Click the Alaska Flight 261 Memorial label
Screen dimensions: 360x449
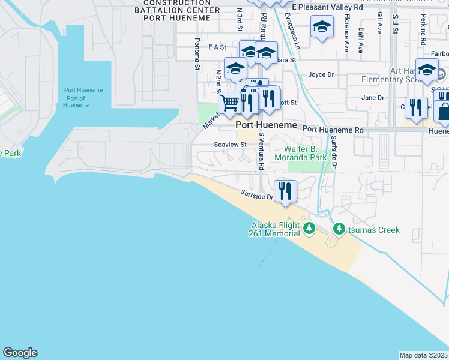pyautogui.click(x=274, y=229)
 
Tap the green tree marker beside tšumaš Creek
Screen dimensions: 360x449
pyautogui.click(x=339, y=229)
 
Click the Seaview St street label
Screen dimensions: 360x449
pyautogui.click(x=231, y=145)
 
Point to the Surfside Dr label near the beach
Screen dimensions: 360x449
pyautogui.click(x=258, y=195)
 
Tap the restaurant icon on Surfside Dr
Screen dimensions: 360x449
pyautogui.click(x=286, y=191)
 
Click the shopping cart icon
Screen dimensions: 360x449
pyautogui.click(x=229, y=103)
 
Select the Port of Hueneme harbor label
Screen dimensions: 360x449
pyautogui.click(x=83, y=98)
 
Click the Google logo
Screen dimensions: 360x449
pyautogui.click(x=20, y=353)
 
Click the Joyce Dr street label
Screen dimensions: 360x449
pyautogui.click(x=321, y=75)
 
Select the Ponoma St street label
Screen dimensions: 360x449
pyautogui.click(x=197, y=55)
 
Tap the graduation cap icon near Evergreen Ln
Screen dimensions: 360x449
pyautogui.click(x=322, y=27)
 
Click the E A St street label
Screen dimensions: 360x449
pyautogui.click(x=217, y=47)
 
